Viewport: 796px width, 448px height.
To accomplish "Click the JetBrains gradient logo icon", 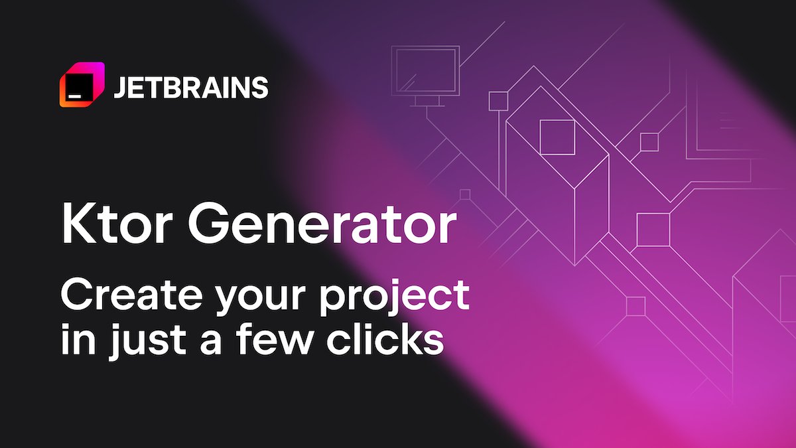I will pos(82,84).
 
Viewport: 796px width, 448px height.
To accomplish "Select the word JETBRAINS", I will pos(190,87).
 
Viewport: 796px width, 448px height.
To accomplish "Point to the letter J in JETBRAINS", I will pos(119,87).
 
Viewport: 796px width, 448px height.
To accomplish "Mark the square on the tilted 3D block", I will pos(556,137).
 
